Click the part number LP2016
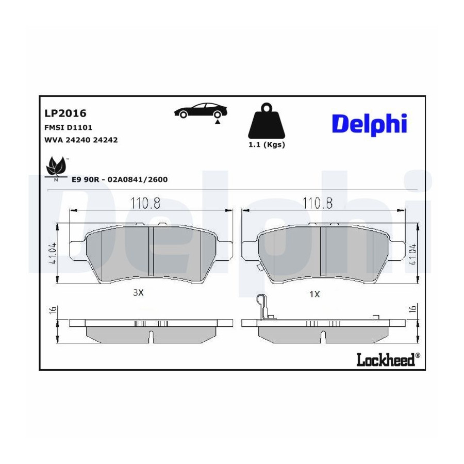pyautogui.click(x=65, y=113)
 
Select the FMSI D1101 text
pyautogui.click(x=68, y=127)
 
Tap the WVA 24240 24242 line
pyautogui.click(x=81, y=140)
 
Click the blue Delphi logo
pyautogui.click(x=370, y=124)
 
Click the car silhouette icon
pyautogui.click(x=201, y=111)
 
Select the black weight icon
pyautogui.click(x=267, y=121)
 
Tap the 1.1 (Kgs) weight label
pyautogui.click(x=267, y=145)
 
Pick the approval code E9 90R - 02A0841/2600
pyautogui.click(x=120, y=179)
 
